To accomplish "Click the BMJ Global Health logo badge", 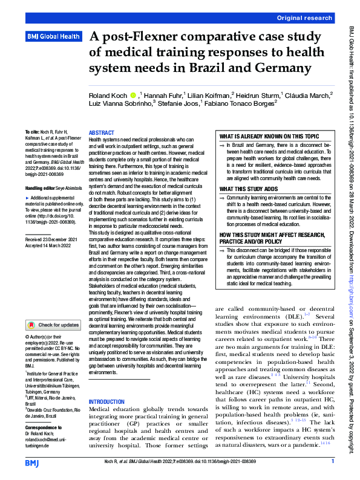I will pos(53,37).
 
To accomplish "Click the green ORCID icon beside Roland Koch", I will pos(133,95).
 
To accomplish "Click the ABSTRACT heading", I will pos(101,132).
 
